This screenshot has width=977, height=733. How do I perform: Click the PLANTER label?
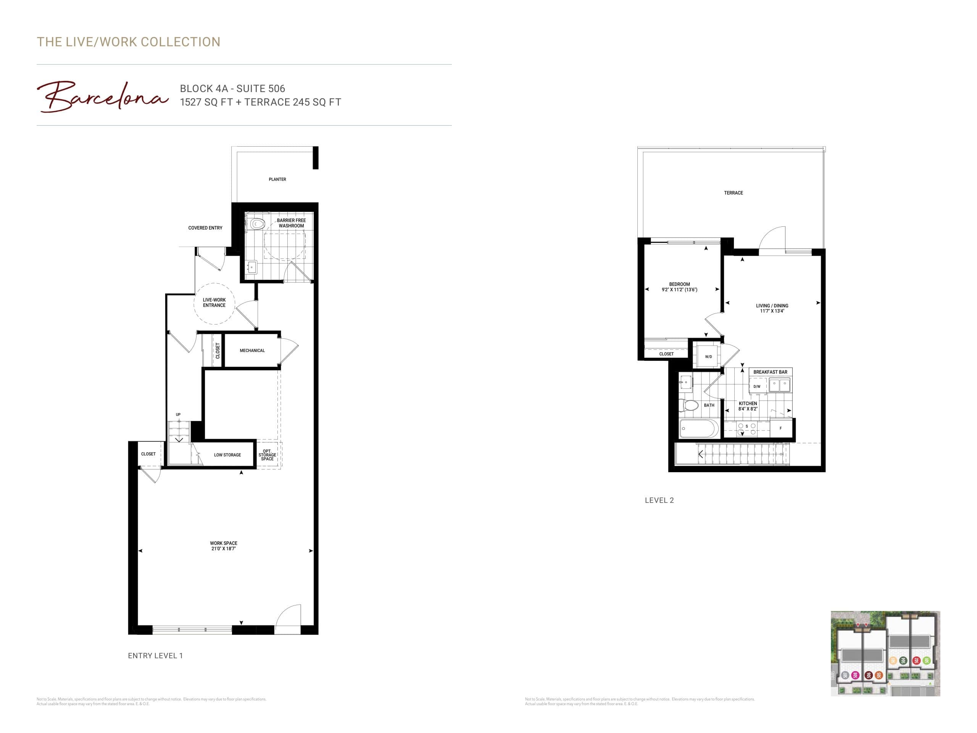tap(277, 179)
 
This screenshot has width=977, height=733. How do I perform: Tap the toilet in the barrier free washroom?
tap(256, 224)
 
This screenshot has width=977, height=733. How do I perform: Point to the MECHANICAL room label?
tap(252, 351)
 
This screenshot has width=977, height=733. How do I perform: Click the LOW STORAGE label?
tap(227, 455)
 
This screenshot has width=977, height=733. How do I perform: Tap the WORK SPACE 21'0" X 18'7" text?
tap(224, 546)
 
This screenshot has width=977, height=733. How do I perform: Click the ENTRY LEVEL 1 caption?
tap(155, 656)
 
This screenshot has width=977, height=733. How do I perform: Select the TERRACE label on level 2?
tap(733, 193)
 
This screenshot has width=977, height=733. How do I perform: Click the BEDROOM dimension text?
tap(679, 290)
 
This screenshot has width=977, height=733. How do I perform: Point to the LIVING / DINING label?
tap(772, 306)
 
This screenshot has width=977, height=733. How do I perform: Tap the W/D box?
tap(708, 357)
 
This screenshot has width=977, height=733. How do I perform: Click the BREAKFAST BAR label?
tap(770, 372)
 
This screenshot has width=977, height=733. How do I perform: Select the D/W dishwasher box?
tap(757, 387)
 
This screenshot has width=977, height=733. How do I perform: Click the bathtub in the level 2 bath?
tap(699, 429)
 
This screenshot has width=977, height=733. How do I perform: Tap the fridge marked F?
tap(780, 428)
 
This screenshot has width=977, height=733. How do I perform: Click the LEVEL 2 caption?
tap(659, 500)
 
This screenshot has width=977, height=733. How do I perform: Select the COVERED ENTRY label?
tap(205, 228)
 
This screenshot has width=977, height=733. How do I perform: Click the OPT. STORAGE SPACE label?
tap(267, 455)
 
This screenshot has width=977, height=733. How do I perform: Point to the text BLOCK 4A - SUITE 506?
tap(232, 88)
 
